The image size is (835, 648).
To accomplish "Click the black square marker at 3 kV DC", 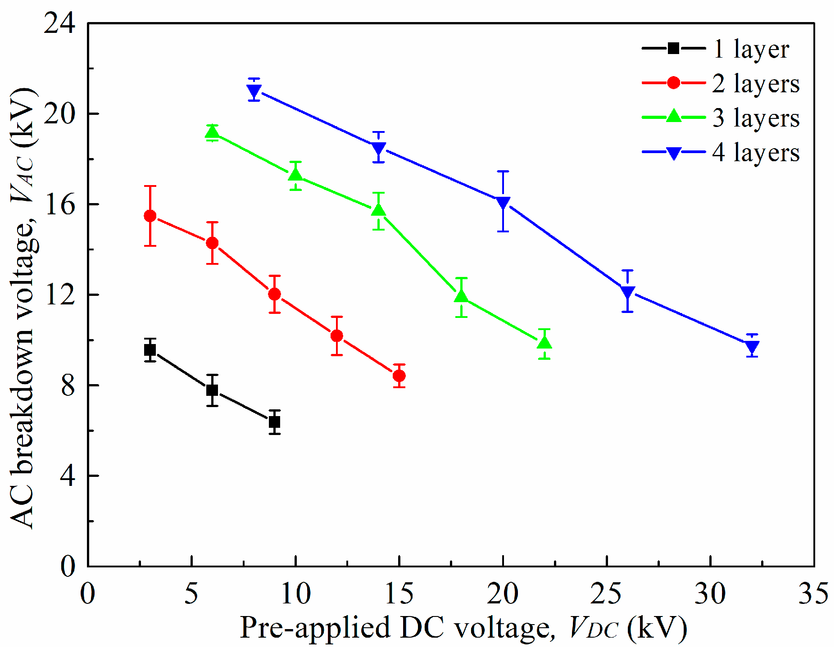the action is [150, 350].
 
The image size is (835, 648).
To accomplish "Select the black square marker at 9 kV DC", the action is [275, 422].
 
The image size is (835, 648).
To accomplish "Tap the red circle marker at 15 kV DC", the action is [399, 376].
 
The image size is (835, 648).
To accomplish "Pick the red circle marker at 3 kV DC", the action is [150, 216].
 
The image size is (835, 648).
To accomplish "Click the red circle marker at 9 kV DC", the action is [275, 294].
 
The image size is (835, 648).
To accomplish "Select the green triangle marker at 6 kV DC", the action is [212, 132].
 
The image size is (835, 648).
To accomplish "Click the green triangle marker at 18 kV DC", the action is [461, 296].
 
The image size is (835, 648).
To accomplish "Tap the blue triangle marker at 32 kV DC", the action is [752, 347].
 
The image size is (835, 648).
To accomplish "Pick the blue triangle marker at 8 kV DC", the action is [254, 91].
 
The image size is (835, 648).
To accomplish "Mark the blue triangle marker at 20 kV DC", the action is [503, 203].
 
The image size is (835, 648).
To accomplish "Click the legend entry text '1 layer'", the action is [751, 49].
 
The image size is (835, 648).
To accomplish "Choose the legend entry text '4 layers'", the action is [756, 153].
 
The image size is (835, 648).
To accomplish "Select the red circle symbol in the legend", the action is [674, 83].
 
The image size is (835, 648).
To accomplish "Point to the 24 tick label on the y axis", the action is [59, 23].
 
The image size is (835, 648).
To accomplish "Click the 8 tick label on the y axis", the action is [68, 385].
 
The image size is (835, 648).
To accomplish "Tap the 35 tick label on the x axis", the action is [814, 593].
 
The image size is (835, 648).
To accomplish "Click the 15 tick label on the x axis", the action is [399, 593].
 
